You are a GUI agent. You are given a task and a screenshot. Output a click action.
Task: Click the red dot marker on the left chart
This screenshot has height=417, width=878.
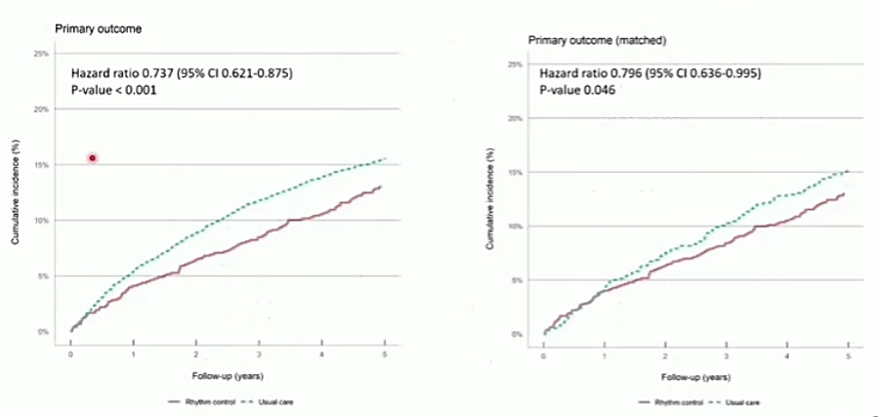pyautogui.click(x=92, y=157)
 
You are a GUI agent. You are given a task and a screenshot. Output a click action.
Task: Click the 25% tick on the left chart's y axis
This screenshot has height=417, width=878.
pyautogui.click(x=42, y=54)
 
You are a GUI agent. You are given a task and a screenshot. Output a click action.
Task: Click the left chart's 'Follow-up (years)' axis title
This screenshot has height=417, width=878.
pyautogui.click(x=227, y=375)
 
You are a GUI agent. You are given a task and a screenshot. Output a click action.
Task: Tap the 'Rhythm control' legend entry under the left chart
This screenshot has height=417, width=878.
pyautogui.click(x=191, y=400)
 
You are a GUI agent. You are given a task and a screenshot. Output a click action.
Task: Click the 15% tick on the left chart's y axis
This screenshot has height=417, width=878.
pyautogui.click(x=42, y=165)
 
